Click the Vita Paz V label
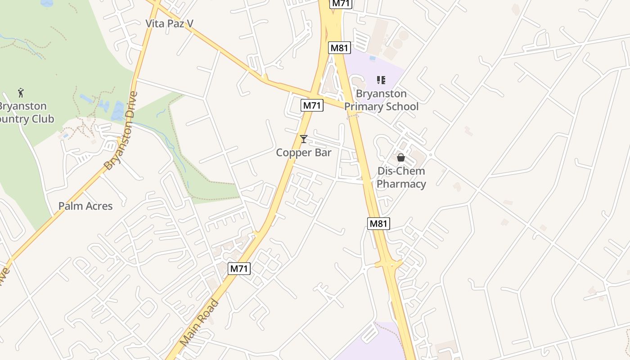point(169,23)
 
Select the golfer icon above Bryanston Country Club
point(21,93)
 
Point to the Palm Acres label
point(85,206)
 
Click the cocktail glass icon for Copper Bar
point(304,139)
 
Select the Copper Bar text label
point(304,153)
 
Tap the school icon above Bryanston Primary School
point(381,80)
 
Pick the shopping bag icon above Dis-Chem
point(400,157)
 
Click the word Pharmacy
point(401,184)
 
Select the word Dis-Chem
point(401,171)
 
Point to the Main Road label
point(199,322)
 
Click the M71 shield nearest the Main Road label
point(239,269)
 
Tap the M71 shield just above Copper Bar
point(312,105)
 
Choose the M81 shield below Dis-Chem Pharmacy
point(378,223)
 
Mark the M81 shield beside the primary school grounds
point(339,48)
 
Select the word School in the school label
point(403,107)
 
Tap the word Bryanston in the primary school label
point(381,94)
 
